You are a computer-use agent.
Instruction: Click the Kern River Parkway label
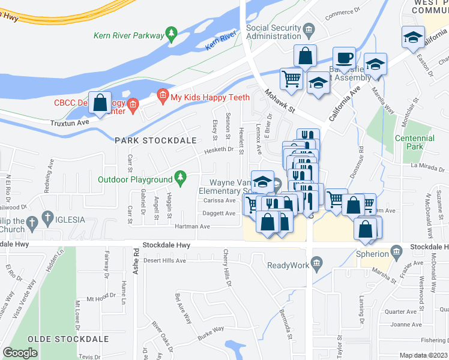[128, 35]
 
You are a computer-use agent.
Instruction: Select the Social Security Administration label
[282, 32]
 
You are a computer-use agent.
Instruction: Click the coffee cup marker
[344, 58]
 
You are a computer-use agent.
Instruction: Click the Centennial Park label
[415, 142]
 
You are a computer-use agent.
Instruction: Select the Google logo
[20, 353]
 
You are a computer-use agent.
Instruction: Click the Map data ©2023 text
[424, 355]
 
